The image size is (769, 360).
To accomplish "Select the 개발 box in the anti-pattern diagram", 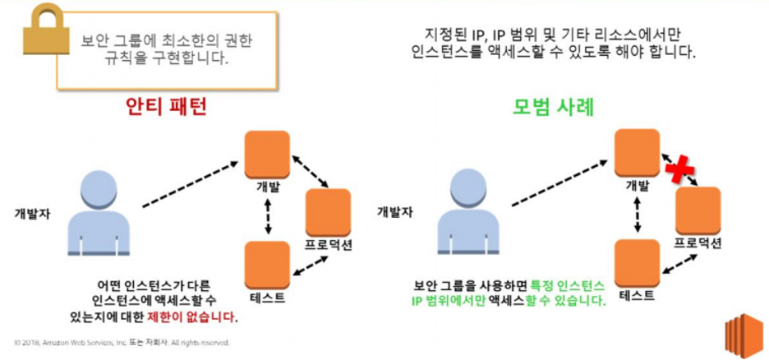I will coord(268,154).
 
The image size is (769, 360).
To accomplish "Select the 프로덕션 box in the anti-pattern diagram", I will coord(328,211).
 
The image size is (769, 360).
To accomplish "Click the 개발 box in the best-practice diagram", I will coord(638,153).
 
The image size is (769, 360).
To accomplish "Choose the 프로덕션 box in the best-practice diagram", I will coord(698,210).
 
